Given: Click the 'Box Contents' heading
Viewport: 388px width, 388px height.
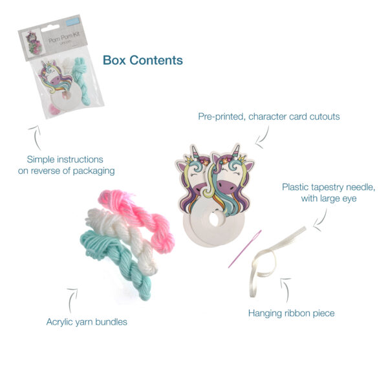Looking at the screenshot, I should coord(142,60).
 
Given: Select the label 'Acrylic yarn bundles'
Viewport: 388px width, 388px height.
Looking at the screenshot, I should coord(87,321).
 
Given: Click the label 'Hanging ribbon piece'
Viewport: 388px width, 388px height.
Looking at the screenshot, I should coord(291,314).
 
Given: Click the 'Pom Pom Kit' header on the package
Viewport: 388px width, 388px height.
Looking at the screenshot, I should coord(63,39).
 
